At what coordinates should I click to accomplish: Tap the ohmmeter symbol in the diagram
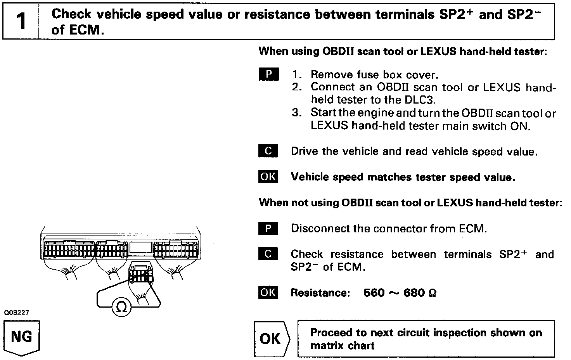click(121, 307)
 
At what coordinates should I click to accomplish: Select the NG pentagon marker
click(22, 337)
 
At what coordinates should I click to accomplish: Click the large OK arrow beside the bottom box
click(271, 339)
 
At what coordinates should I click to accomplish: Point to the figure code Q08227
click(17, 312)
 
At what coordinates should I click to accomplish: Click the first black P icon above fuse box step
click(268, 74)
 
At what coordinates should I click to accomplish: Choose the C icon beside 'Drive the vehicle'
click(268, 151)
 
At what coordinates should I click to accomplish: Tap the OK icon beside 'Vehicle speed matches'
click(268, 177)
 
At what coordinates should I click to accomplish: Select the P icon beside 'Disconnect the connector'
click(268, 228)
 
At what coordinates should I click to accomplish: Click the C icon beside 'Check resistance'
click(268, 254)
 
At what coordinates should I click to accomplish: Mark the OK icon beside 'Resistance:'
click(268, 292)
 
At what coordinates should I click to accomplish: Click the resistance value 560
click(374, 292)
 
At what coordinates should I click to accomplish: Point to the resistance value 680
click(414, 292)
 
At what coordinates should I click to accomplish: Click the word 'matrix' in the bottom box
click(327, 345)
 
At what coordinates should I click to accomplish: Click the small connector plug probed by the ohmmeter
click(140, 273)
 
